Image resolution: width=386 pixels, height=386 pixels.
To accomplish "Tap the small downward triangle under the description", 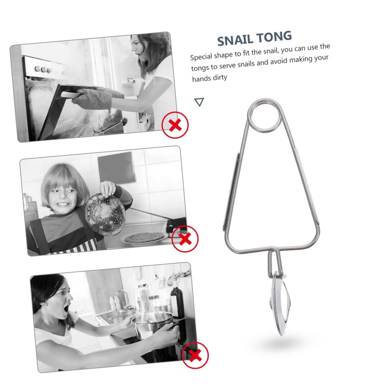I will click(x=199, y=102).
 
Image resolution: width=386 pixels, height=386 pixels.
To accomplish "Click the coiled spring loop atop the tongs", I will click(x=262, y=115).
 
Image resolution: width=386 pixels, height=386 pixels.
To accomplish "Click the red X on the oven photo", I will click(x=175, y=125).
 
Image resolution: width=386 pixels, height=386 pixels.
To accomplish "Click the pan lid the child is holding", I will click(x=105, y=213).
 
